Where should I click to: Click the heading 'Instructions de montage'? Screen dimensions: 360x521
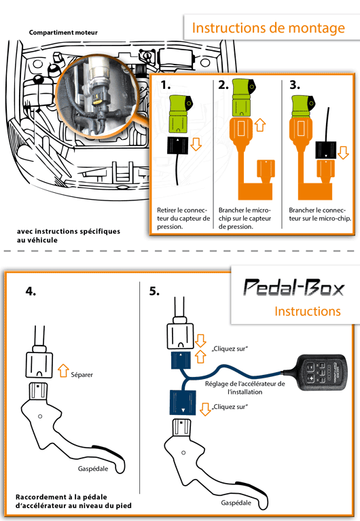click(x=268, y=29)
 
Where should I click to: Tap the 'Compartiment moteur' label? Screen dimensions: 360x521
click(x=63, y=33)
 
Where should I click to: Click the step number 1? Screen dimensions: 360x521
click(x=166, y=85)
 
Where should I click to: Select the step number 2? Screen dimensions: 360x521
click(x=223, y=85)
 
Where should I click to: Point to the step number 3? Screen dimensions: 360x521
click(x=295, y=85)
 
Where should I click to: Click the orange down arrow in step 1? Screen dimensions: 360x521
click(x=196, y=144)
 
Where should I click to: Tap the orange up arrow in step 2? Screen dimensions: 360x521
click(x=260, y=125)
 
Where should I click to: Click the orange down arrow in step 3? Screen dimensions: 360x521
click(x=343, y=153)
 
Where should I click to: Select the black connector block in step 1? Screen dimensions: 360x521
click(x=177, y=145)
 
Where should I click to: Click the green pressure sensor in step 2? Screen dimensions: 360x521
click(x=243, y=98)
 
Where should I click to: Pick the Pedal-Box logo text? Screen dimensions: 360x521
click(x=294, y=287)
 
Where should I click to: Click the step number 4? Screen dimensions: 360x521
click(x=31, y=291)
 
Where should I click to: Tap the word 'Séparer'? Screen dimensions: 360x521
click(x=82, y=375)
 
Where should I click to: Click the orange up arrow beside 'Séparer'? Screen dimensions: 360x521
click(x=63, y=370)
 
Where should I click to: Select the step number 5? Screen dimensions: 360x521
click(x=154, y=291)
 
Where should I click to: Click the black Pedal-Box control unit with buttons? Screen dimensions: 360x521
click(x=322, y=372)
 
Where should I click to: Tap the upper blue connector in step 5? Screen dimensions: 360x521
click(x=181, y=361)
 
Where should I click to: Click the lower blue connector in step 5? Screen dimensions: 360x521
click(x=183, y=402)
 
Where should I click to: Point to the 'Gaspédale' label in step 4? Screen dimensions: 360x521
click(x=93, y=469)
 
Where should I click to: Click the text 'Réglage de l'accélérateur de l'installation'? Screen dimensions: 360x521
click(x=245, y=388)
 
